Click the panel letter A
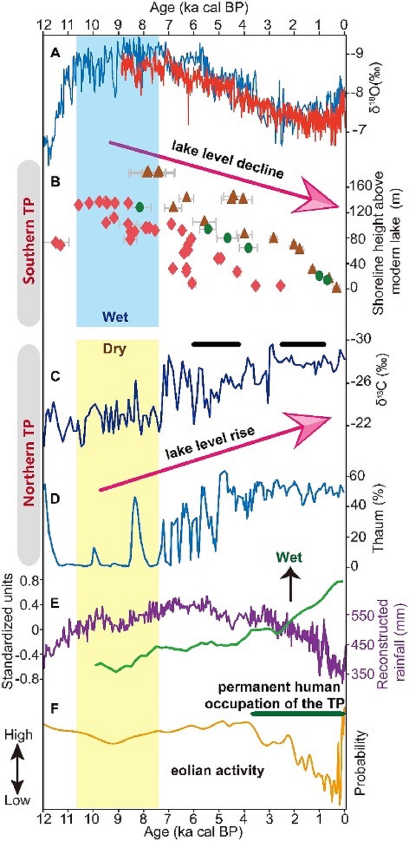(55, 52)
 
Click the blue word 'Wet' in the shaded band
(115, 317)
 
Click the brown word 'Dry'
(115, 349)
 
